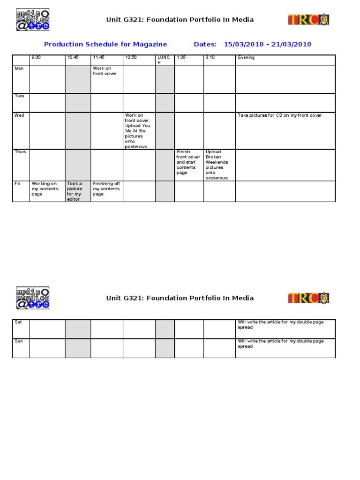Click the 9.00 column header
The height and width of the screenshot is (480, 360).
coord(36,58)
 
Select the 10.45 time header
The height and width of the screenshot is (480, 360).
coord(73,58)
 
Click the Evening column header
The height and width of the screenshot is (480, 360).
coord(246,58)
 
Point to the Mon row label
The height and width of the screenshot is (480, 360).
coord(19,68)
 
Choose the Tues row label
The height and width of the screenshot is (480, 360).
coord(20,96)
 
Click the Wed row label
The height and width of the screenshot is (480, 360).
coord(19,115)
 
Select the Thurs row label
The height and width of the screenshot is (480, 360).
coord(21,152)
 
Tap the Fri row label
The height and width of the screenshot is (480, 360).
coord(18,184)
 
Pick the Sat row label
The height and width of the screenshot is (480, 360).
coord(19,322)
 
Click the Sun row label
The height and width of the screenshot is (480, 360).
coord(19,341)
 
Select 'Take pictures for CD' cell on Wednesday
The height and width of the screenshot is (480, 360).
coord(280,115)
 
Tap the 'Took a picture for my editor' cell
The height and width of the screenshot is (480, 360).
coord(75,191)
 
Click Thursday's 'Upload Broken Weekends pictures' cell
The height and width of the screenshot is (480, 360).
coord(217,165)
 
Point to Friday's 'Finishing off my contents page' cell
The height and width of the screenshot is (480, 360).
coord(106,189)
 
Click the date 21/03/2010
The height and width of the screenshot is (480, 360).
coord(291,45)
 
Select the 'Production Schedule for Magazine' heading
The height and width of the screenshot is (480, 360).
coord(105,45)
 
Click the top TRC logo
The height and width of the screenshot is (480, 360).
coord(308,20)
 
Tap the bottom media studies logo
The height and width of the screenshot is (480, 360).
coord(33,298)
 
